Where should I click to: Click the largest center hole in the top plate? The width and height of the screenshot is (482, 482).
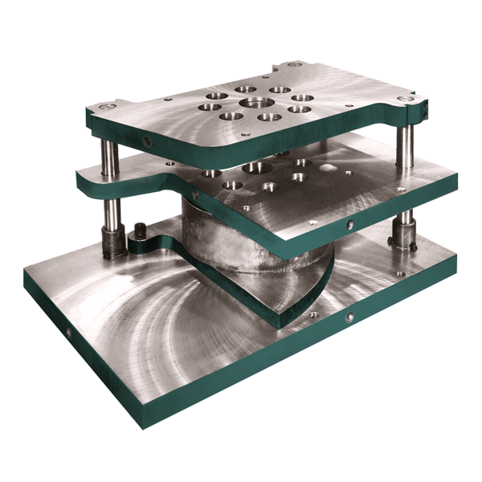click(x=255, y=103)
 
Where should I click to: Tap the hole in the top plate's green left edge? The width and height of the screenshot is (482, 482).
click(x=147, y=141)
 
